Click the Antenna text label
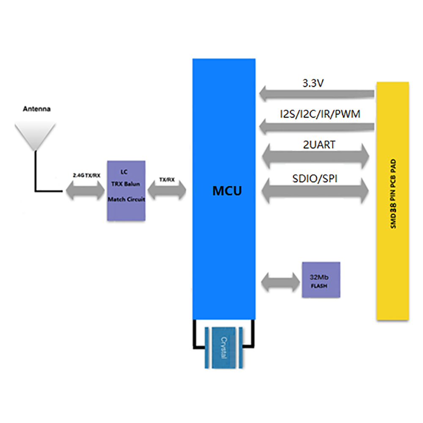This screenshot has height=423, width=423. pyautogui.click(x=36, y=109)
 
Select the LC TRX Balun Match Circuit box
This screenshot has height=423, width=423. pyautogui.click(x=126, y=190)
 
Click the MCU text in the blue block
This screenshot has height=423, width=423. pyautogui.click(x=227, y=191)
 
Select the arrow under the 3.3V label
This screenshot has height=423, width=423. pyautogui.click(x=317, y=94)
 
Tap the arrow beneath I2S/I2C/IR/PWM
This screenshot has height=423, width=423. pyautogui.click(x=317, y=126)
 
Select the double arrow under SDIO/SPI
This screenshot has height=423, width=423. pyautogui.click(x=316, y=191)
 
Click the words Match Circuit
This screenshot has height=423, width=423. pyautogui.click(x=126, y=199)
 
